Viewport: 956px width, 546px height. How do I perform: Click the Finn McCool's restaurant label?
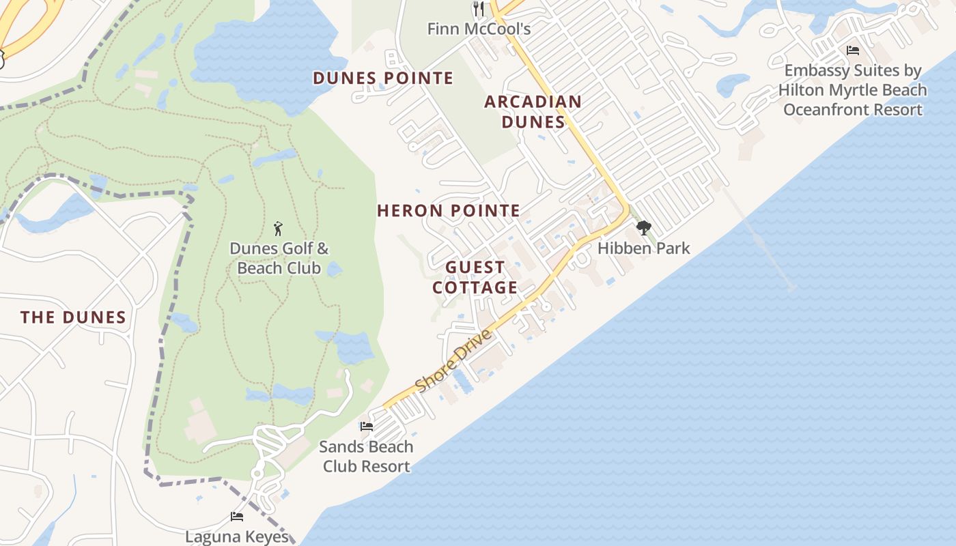click(x=479, y=29)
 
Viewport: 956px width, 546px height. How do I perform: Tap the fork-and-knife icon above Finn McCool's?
click(x=479, y=8)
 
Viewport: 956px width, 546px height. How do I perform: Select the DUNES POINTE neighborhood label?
click(x=383, y=78)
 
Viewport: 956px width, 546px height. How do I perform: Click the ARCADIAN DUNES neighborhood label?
click(x=533, y=112)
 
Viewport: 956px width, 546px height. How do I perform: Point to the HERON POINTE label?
click(x=449, y=211)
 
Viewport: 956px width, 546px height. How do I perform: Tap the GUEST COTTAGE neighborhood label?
click(x=475, y=277)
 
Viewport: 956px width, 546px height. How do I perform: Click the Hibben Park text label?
click(x=644, y=248)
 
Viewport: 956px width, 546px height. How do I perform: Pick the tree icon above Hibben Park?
click(x=643, y=228)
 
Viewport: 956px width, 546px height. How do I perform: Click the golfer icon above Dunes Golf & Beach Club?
click(x=278, y=228)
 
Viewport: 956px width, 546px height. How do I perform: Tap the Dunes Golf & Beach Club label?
click(x=279, y=258)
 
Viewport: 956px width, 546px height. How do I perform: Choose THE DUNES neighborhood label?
click(x=73, y=317)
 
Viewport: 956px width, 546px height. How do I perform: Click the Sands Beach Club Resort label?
click(x=367, y=457)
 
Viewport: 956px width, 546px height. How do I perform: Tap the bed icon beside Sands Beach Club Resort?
click(x=367, y=427)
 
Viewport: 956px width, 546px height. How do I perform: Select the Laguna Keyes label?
click(x=237, y=536)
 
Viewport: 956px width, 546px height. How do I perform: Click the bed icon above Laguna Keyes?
click(x=237, y=517)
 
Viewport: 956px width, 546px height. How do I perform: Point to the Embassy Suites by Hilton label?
click(x=853, y=90)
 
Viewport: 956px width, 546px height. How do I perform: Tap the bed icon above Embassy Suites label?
click(x=853, y=51)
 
